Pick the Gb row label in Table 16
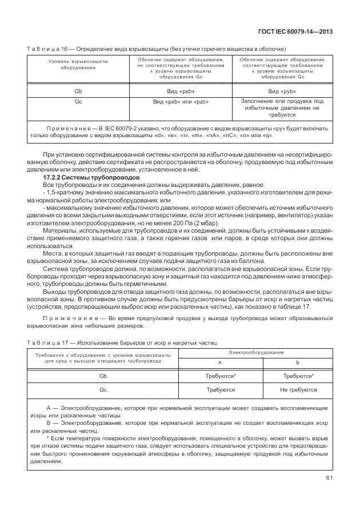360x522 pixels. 78,91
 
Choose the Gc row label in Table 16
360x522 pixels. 78,101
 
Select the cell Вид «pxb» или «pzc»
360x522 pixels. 181,101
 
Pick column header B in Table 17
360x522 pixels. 297,362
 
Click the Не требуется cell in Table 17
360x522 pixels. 298,389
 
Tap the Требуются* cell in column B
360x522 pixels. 298,376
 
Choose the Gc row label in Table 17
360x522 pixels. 103,389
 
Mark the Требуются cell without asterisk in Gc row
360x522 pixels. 220,389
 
